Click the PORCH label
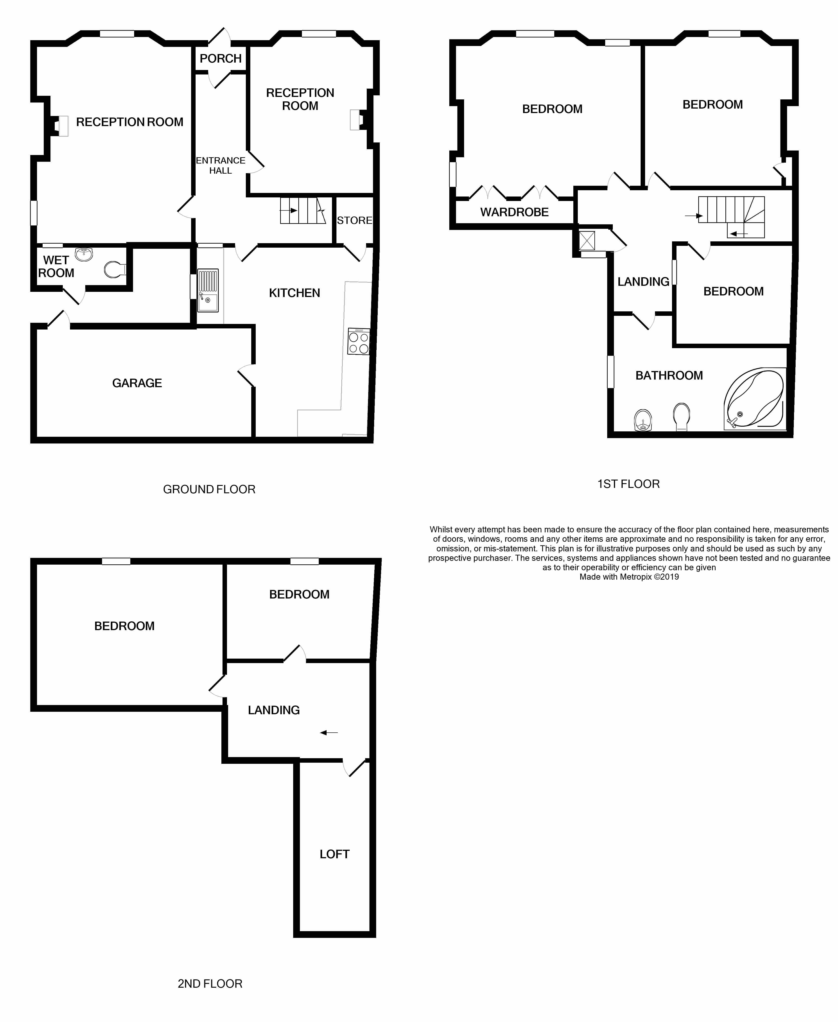tap(220, 58)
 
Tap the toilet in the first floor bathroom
tap(681, 416)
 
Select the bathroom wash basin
tap(642, 419)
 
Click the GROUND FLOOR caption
tap(209, 489)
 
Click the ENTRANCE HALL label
tap(220, 165)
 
